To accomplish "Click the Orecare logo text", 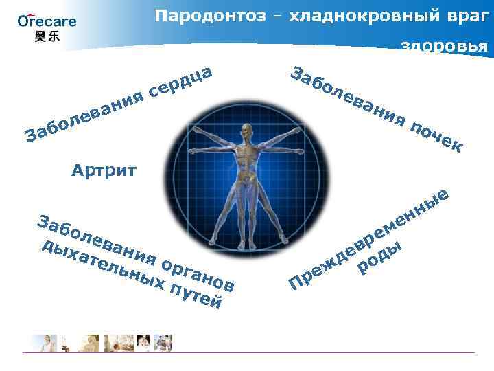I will click(x=47, y=21).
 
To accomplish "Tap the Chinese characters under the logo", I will click(x=47, y=36).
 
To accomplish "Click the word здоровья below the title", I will click(x=444, y=46).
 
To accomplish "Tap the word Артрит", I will click(x=104, y=170).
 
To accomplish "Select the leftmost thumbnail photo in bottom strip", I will click(x=43, y=341).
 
